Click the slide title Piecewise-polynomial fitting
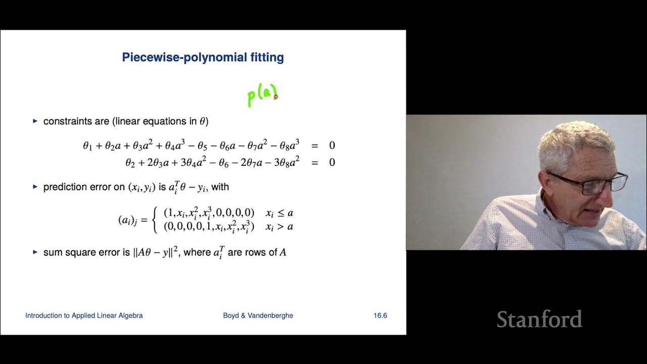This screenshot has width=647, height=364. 203,58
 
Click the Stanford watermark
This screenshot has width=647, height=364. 539,320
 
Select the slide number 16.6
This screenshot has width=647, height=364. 380,315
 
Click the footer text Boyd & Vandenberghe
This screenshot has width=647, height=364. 258,315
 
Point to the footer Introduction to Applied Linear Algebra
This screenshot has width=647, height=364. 84,315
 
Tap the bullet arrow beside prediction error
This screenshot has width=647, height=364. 35,187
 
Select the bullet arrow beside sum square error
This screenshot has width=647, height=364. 35,252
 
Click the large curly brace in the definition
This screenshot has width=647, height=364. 156,220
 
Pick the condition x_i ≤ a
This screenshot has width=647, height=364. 279,213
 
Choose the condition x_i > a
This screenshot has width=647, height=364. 279,226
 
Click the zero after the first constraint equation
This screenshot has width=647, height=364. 332,146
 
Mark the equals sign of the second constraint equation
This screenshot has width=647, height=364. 314,162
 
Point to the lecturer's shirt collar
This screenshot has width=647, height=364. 543,212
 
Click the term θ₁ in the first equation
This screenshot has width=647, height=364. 88,146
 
